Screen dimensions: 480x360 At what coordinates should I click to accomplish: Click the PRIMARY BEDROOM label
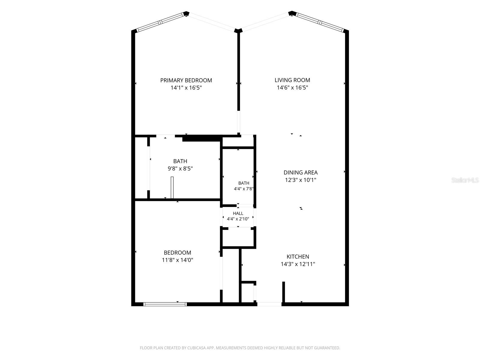186,80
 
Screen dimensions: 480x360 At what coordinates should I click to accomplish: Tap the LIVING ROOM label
292,80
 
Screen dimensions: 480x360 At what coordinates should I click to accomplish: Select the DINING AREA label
301,172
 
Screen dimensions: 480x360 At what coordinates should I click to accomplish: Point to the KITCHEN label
298,256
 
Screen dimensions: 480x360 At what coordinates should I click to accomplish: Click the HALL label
238,213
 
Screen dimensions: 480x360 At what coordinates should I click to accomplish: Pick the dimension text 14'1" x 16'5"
186,88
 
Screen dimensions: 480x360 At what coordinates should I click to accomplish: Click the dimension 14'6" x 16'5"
292,88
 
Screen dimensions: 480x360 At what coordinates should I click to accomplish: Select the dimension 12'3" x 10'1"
301,180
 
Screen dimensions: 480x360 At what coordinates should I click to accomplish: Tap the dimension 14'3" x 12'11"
298,264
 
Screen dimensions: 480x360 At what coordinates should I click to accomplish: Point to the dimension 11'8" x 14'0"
177,260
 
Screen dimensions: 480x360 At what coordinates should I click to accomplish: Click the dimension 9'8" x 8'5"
180,169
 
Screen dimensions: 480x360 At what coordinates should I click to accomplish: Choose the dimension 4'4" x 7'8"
244,189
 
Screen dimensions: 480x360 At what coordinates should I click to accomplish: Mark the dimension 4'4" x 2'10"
238,219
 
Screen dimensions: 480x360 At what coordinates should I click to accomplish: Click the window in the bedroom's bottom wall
165,304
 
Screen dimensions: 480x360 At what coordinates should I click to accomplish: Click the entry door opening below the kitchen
269,304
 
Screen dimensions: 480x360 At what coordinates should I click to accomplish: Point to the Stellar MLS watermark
465,180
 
